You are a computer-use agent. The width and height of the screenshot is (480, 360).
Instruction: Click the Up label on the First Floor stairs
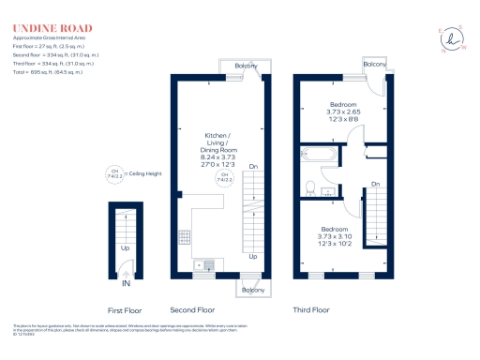click(126, 249)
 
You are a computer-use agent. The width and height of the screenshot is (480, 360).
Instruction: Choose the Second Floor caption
click(192, 309)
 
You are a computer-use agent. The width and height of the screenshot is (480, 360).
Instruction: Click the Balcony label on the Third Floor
click(374, 64)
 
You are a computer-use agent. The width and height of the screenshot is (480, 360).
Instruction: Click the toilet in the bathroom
click(309, 187)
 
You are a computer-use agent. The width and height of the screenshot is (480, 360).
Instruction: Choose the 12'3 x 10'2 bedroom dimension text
click(336, 245)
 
